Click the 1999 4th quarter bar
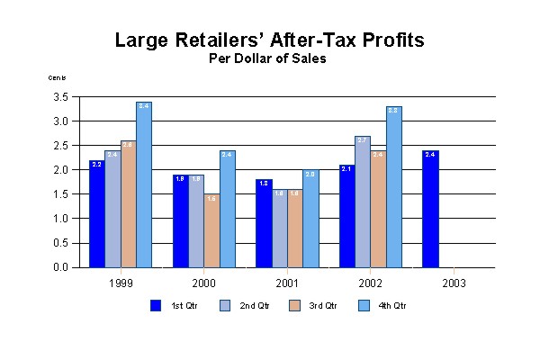click(x=144, y=184)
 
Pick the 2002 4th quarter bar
click(x=393, y=187)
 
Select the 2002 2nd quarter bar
click(x=362, y=202)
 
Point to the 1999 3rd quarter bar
click(x=128, y=204)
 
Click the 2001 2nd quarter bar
click(x=279, y=229)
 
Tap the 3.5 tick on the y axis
click(x=62, y=96)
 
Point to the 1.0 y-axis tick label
click(x=62, y=219)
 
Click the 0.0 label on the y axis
click(x=62, y=267)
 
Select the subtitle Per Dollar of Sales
click(x=269, y=59)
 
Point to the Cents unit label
click(x=58, y=78)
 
